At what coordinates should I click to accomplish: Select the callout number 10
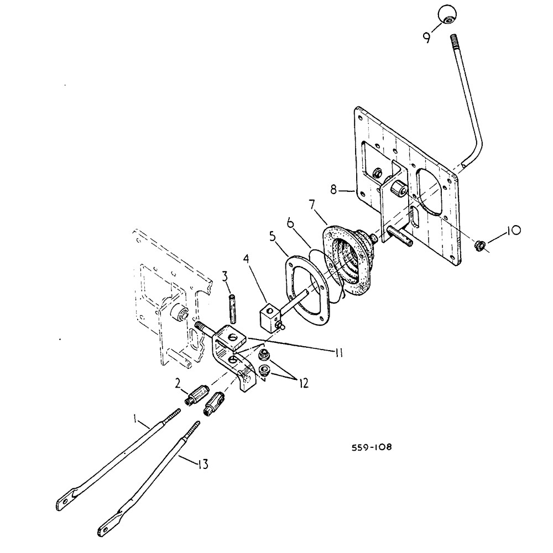click(511, 230)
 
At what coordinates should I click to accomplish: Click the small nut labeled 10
click(481, 244)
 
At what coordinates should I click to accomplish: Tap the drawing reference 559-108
click(372, 447)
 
